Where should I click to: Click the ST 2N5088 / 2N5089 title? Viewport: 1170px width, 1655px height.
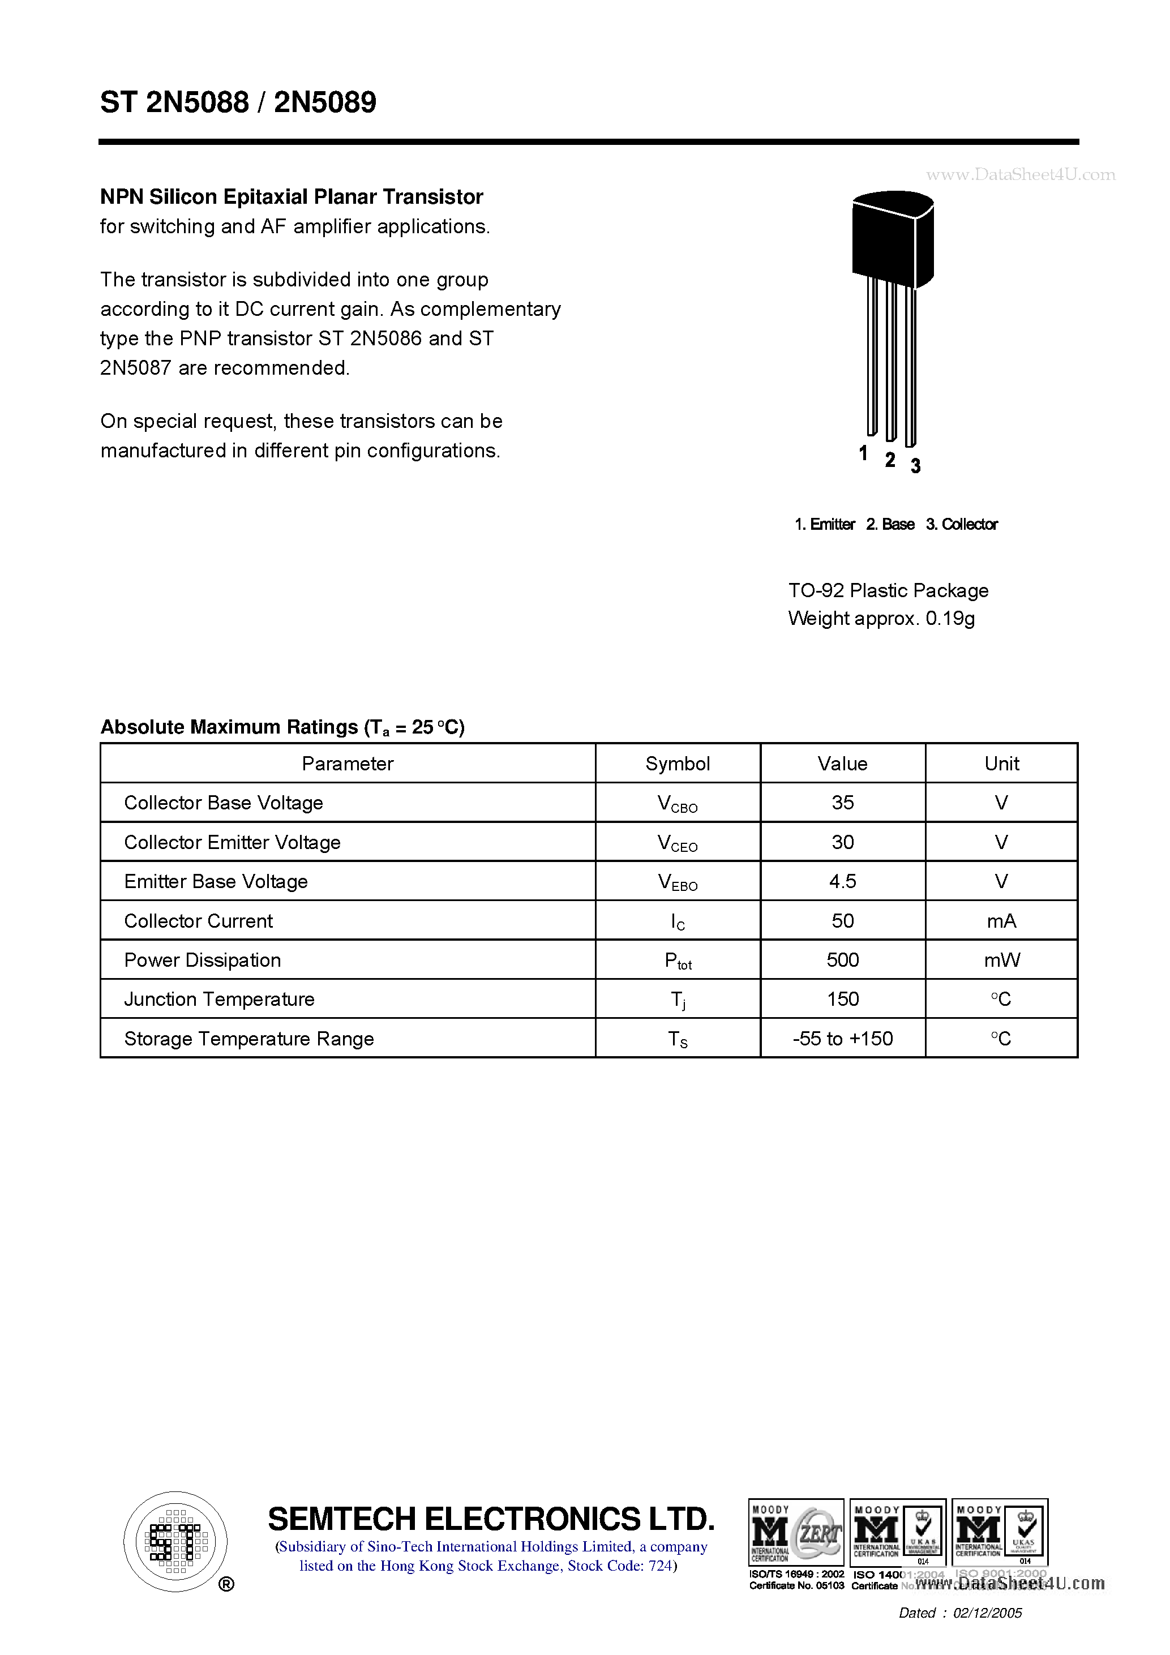pos(238,102)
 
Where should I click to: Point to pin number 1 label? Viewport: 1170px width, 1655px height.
pos(863,453)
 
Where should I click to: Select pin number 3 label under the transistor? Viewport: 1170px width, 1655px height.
pos(915,466)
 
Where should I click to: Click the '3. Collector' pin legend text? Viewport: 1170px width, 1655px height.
pos(962,524)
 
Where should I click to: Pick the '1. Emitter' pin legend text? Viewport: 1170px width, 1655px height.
pos(825,524)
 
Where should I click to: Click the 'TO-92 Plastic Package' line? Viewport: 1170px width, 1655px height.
pos(888,590)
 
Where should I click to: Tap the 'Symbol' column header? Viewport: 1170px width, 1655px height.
pos(677,764)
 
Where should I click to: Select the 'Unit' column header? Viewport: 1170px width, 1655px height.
pos(1001,764)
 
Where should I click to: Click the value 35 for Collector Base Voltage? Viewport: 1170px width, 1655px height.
pos(842,802)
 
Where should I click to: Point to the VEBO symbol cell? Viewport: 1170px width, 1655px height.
pos(677,882)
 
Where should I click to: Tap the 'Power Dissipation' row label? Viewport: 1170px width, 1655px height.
pos(203,960)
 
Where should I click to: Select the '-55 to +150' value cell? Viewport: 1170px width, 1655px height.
pos(842,1039)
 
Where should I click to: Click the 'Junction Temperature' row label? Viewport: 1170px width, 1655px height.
pos(219,999)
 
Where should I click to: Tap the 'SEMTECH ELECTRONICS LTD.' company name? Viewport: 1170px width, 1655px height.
pos(491,1518)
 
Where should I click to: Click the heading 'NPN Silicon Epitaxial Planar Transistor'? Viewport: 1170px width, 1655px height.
pos(292,197)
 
